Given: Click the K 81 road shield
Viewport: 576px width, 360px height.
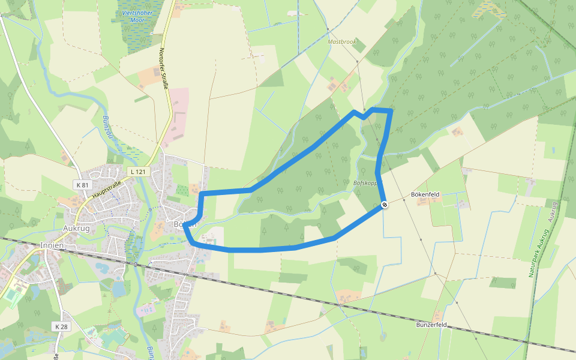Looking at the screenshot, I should point(83,184).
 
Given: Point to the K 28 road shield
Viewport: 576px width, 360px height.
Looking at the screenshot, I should point(61,326).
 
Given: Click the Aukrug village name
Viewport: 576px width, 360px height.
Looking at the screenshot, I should point(76,229).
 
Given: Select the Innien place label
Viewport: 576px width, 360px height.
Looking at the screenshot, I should point(52,245).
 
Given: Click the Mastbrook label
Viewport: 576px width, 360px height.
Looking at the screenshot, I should point(342,42).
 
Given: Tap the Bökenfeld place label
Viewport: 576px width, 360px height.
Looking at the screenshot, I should point(425,195).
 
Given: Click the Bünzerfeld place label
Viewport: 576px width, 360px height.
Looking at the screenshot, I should point(431,325).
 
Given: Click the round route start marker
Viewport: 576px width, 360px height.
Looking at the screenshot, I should point(384,205).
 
